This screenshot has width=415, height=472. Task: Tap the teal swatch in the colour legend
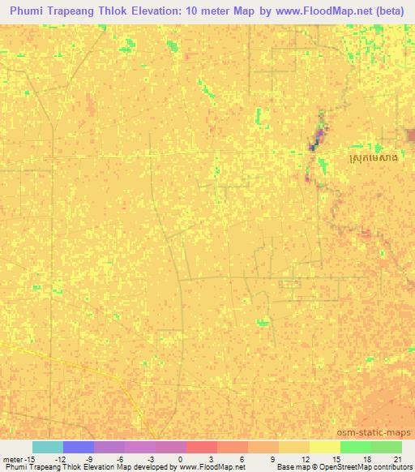tap(47, 447)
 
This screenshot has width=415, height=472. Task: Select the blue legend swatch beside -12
tap(78, 447)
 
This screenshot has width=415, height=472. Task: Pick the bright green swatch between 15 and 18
tap(355, 447)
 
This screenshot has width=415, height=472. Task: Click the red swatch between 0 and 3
tap(201, 447)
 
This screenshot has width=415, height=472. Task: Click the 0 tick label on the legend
tap(179, 458)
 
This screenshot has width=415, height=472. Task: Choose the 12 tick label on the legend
tap(302, 458)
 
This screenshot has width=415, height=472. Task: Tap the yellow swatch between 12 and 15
tap(324, 447)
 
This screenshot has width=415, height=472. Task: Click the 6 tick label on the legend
tap(241, 458)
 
